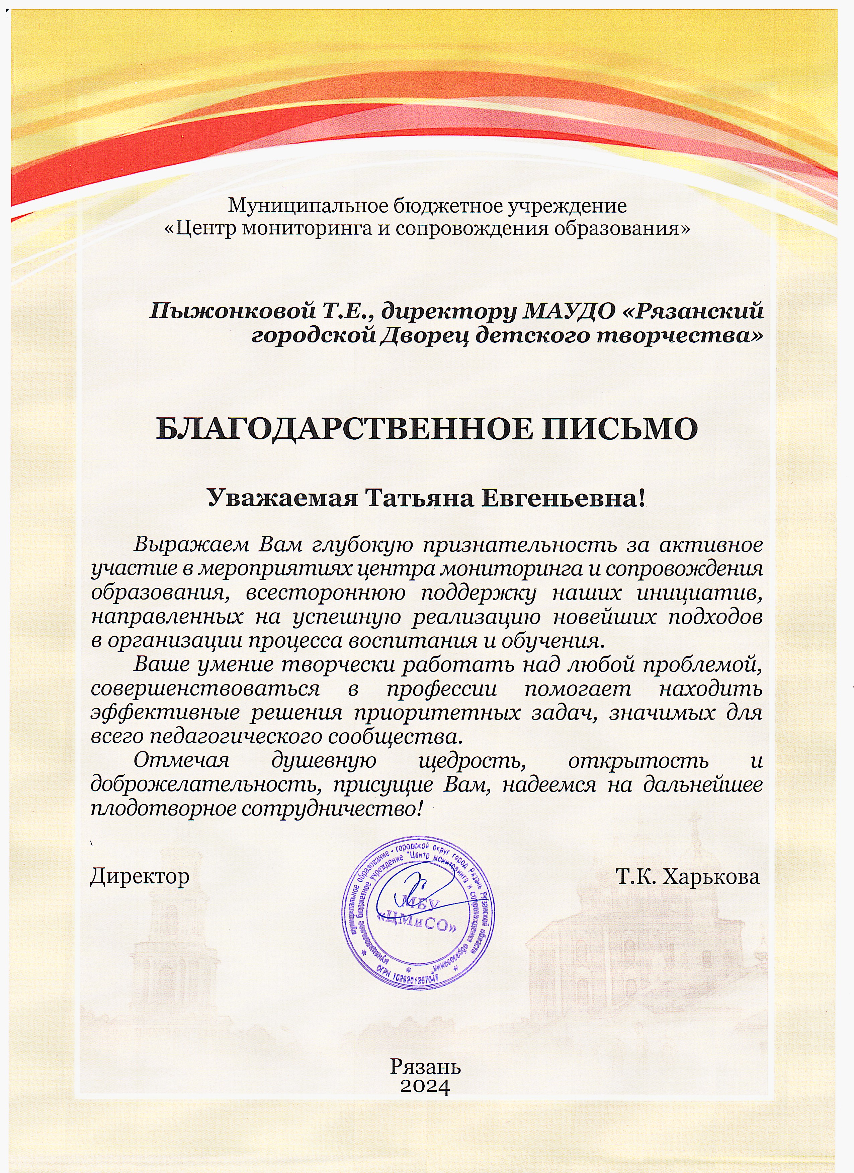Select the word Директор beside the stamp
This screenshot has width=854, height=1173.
(x=140, y=876)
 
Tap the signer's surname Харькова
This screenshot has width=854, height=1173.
(x=711, y=876)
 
